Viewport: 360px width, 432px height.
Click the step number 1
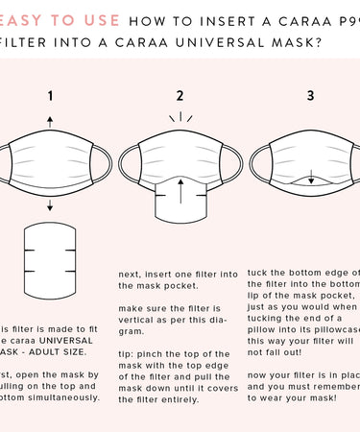tap(50, 95)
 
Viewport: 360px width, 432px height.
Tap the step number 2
tap(180, 95)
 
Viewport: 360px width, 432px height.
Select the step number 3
tap(310, 95)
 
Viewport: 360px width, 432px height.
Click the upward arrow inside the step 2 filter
tap(180, 193)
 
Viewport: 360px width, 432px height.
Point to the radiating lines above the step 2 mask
tap(180, 119)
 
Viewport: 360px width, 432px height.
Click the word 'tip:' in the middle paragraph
tap(128, 354)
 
